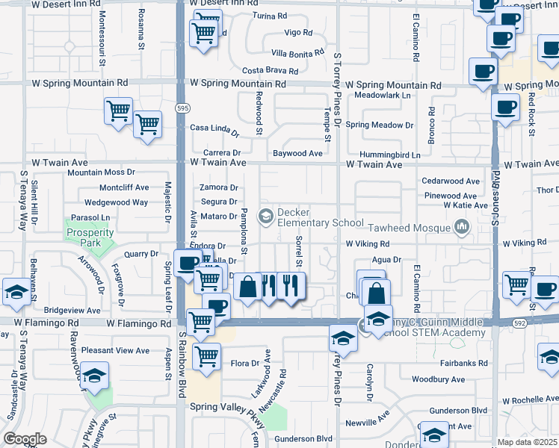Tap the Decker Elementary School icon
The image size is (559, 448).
click(x=265, y=217)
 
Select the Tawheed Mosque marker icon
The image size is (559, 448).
click(x=462, y=225)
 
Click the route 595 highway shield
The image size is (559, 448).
click(x=182, y=108)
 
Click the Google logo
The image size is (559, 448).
click(x=25, y=439)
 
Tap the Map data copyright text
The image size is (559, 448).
click(x=528, y=442)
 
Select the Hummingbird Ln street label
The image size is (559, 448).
click(x=389, y=155)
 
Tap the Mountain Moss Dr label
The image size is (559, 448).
click(x=101, y=172)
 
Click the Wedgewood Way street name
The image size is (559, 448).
click(x=116, y=202)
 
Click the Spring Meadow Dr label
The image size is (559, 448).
click(x=379, y=125)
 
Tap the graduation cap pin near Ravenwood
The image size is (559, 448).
click(x=95, y=377)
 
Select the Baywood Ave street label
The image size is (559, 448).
click(x=297, y=154)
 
